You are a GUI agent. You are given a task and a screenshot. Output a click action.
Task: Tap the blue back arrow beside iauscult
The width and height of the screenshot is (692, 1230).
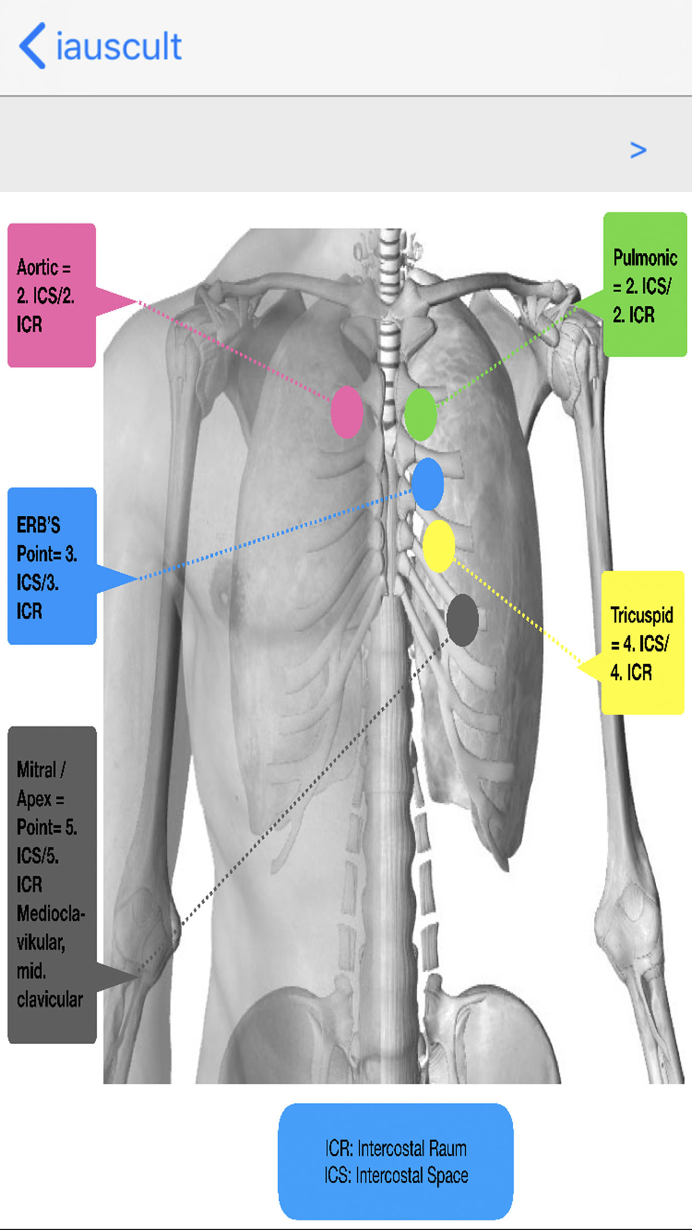pos(33,46)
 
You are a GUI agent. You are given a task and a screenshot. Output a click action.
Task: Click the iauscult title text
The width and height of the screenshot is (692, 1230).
pos(118,46)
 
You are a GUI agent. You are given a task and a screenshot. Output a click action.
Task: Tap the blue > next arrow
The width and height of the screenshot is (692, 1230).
pos(638,149)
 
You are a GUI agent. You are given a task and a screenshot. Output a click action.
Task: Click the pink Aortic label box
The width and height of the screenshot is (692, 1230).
pos(52,295)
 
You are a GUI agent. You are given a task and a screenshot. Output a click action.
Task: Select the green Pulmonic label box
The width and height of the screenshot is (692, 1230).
pos(645,285)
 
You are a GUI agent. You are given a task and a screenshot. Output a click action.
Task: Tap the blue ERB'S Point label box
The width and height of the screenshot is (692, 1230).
pos(52,566)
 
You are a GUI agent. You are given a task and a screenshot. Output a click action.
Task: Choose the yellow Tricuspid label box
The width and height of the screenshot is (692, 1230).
pos(643,643)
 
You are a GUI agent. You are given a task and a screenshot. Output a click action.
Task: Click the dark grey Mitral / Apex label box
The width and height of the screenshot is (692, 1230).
pos(52,885)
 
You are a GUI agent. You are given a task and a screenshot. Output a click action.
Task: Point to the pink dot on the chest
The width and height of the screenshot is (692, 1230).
pos(347,412)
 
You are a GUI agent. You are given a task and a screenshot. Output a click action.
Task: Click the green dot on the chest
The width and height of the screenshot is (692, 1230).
pos(420,414)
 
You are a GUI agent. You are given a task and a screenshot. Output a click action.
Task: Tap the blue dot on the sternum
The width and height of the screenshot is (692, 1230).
pos(428,484)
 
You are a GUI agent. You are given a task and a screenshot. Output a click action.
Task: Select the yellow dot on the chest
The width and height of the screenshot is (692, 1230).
pos(439,547)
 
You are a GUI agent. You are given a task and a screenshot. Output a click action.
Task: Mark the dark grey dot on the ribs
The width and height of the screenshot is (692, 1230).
pos(462,620)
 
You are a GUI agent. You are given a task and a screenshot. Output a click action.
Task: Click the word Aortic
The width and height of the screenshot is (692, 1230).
pos(37,267)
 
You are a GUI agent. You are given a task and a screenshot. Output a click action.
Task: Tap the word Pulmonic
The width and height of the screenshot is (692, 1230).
pos(645,257)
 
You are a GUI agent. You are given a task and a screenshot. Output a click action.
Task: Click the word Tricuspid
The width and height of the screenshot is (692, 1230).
pos(641,614)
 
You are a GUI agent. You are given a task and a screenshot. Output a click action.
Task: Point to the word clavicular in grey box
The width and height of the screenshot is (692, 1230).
pos(50,1000)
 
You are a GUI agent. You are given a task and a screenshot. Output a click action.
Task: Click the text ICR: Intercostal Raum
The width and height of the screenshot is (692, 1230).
pos(396,1148)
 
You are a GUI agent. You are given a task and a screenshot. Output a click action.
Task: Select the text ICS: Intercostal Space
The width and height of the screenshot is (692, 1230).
pos(396,1175)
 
